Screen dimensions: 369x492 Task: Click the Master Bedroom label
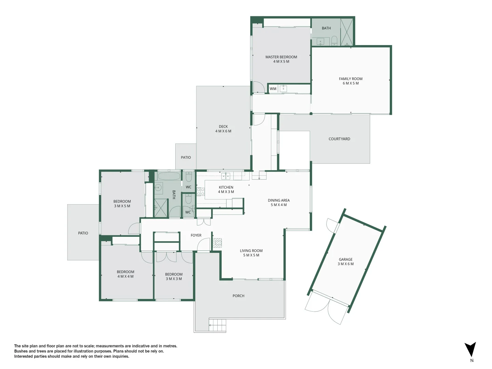coord(281,59)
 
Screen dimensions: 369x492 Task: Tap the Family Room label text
coord(351,81)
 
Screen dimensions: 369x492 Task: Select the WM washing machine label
coord(273,89)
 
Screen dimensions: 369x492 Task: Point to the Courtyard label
coord(339,139)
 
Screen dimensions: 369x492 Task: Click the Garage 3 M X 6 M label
coord(345,262)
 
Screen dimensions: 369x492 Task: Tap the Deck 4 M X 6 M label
coord(223,129)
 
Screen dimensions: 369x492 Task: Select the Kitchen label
coord(226,190)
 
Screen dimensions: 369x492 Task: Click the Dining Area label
coord(278,203)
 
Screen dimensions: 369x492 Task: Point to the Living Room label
coord(251,253)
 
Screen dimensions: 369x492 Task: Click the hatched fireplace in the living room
coord(217,243)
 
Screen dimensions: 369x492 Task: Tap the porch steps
coord(217,325)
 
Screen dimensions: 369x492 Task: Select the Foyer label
coord(196,235)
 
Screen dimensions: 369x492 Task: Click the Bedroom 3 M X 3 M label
coord(174,276)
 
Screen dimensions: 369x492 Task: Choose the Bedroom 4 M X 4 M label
coord(125,274)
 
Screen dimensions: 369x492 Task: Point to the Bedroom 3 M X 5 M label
coord(122,204)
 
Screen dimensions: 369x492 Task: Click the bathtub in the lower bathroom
coord(169,176)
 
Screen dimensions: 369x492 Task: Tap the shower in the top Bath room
coord(347,32)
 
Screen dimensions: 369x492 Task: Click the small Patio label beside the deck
coord(186,158)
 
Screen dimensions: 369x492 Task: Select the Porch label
coord(238,296)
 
